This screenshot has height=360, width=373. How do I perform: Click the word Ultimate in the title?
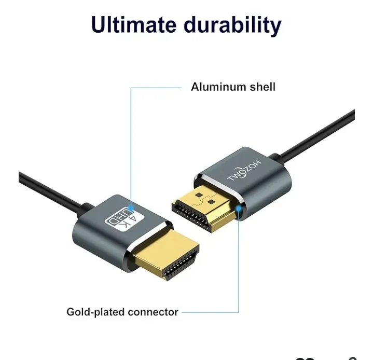pos(133,24)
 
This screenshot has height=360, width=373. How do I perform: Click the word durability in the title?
pos(233,26)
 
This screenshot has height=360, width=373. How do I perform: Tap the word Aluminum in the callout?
pos(218,87)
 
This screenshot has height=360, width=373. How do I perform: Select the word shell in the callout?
pos(263,87)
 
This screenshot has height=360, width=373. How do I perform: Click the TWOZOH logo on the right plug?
pos(244,171)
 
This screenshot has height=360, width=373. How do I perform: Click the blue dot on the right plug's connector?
pos(238,209)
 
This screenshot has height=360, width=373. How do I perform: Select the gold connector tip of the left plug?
pos(166,257)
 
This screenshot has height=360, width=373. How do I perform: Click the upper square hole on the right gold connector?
pos(199,195)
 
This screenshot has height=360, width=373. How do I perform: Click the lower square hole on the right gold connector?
pos(211,202)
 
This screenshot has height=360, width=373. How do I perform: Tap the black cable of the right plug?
pos(314,135)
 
